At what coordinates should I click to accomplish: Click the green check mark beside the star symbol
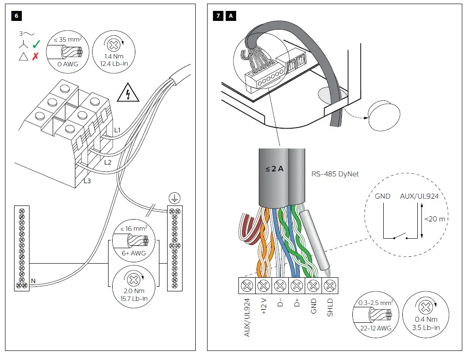(x=36, y=44)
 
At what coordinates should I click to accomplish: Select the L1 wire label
(x=117, y=130)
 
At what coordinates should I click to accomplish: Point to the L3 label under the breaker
(x=87, y=180)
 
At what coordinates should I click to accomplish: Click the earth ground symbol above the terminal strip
(x=174, y=198)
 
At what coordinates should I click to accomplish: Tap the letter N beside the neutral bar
(x=33, y=281)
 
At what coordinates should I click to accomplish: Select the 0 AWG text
(x=68, y=65)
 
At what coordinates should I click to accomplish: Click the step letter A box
(x=231, y=16)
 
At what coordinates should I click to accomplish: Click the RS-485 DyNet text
(x=335, y=174)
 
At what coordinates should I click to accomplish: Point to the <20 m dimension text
(x=435, y=219)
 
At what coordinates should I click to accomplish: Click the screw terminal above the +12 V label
(x=263, y=286)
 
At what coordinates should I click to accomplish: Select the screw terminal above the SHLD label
(x=330, y=286)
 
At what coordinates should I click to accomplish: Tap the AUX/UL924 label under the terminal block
(x=247, y=317)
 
